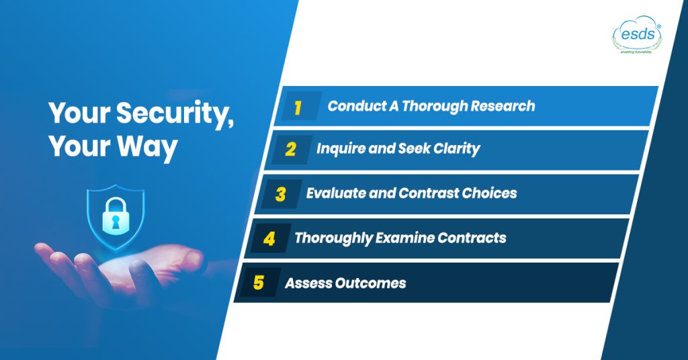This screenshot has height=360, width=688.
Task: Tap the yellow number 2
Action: tap(290, 149)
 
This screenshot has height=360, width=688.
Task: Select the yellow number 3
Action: tap(280, 194)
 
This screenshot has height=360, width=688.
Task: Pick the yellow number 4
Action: tap(269, 238)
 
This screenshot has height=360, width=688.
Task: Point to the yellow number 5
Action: tap(259, 283)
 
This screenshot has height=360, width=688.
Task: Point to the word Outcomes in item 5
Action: tap(372, 283)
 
